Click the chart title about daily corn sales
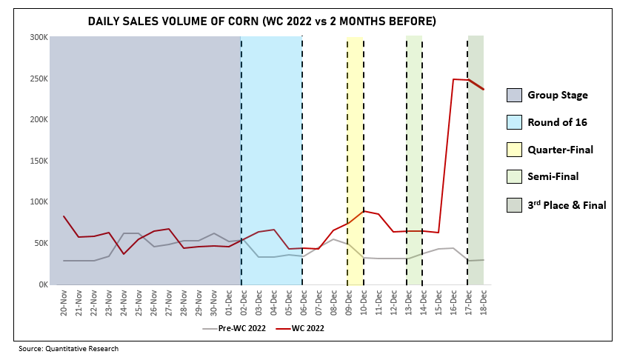[x=261, y=21]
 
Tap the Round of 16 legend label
[x=558, y=122]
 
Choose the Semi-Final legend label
[x=553, y=177]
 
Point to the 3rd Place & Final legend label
[x=567, y=205]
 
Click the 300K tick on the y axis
[x=39, y=37]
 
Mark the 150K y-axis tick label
[x=39, y=161]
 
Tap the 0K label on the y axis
[x=41, y=284]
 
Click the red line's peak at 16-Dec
[x=453, y=79]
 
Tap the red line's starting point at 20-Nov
[x=64, y=216]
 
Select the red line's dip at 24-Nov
[x=124, y=254]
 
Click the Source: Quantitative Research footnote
[x=69, y=348]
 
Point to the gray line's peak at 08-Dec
[x=333, y=239]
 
